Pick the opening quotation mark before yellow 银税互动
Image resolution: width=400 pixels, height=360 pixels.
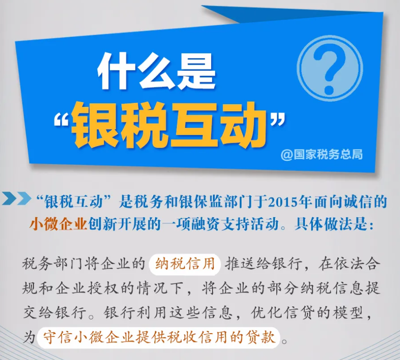(x=62, y=119)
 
